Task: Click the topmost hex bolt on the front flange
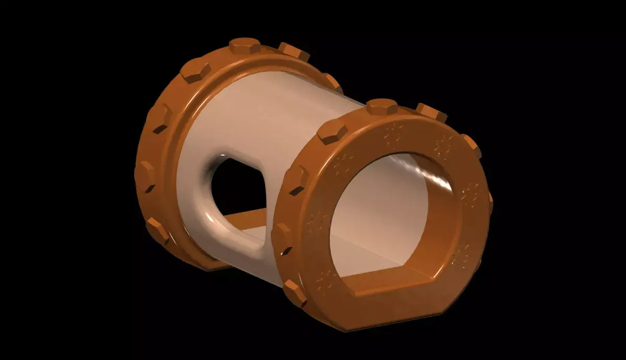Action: pos(381,106)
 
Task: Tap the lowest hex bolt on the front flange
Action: pos(295,293)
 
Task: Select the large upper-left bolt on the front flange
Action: pos(332,133)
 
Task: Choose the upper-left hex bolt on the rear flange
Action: pos(196,70)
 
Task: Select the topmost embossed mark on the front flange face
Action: pos(392,135)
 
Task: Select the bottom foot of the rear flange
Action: pos(214,264)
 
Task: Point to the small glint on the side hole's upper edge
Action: pos(221,155)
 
